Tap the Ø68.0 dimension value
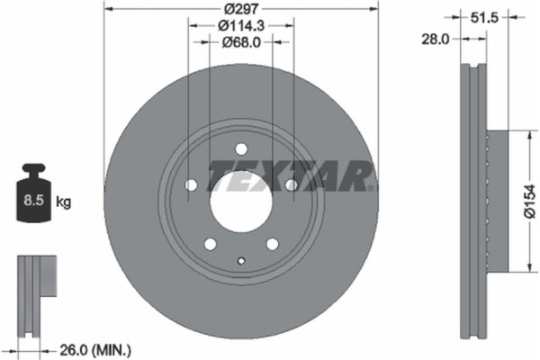(239, 40)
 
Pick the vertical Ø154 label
(532, 200)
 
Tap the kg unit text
(64, 202)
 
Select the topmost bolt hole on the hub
(240, 149)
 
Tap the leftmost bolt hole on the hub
(190, 186)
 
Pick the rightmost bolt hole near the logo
(291, 185)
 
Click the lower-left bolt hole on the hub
(210, 244)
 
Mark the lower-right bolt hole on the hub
(271, 244)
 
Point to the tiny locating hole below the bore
(240, 261)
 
